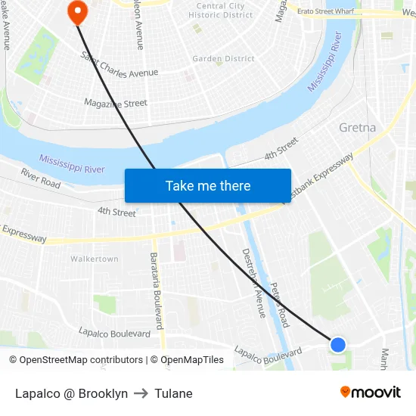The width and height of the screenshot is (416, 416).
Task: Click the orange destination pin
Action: pyautogui.click(x=77, y=11)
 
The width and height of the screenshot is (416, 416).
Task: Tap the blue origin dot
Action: pyautogui.click(x=338, y=345)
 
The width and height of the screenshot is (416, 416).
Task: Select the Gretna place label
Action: pyautogui.click(x=357, y=127)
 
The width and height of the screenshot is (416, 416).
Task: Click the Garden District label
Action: pyautogui.click(x=223, y=58)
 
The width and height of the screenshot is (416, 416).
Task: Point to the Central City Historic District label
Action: pyautogui.click(x=220, y=10)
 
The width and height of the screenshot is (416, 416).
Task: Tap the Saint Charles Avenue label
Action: pyautogui.click(x=120, y=64)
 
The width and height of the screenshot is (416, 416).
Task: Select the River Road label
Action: pyautogui.click(x=40, y=178)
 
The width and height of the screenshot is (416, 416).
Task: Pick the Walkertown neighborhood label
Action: pyautogui.click(x=94, y=259)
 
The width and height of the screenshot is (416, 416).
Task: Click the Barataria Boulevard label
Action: pyautogui.click(x=157, y=290)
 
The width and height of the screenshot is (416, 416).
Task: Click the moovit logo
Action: pyautogui.click(x=370, y=392)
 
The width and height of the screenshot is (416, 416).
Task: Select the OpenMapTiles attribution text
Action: pyautogui.click(x=190, y=360)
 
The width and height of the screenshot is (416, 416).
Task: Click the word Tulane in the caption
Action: pyautogui.click(x=173, y=393)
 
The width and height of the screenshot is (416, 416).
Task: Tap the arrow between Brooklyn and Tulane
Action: pyautogui.click(x=141, y=393)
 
